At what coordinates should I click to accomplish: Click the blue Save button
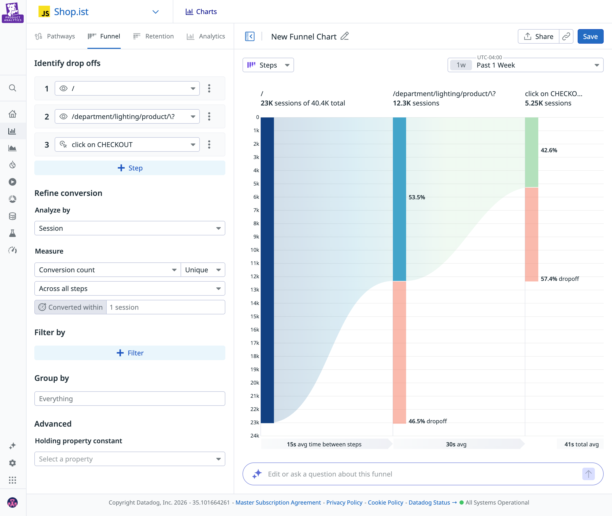tap(590, 37)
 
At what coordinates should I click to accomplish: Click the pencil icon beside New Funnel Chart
tap(345, 36)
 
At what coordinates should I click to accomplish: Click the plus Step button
tap(130, 168)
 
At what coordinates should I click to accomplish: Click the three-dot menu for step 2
tap(209, 116)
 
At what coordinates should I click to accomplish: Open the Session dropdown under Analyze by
tap(130, 228)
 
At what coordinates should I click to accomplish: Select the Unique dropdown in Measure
tap(203, 270)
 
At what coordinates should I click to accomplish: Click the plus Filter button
tap(130, 353)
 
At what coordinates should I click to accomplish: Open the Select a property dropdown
tap(130, 459)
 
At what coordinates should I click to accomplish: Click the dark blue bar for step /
tap(267, 270)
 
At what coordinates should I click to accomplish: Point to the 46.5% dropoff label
tap(428, 421)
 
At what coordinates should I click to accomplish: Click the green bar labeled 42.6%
tap(531, 152)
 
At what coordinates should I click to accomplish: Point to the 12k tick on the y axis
tap(254, 276)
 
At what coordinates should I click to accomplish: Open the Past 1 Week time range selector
tap(525, 65)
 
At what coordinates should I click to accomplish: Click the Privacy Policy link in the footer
tap(344, 502)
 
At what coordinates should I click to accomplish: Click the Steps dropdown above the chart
tap(268, 65)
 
